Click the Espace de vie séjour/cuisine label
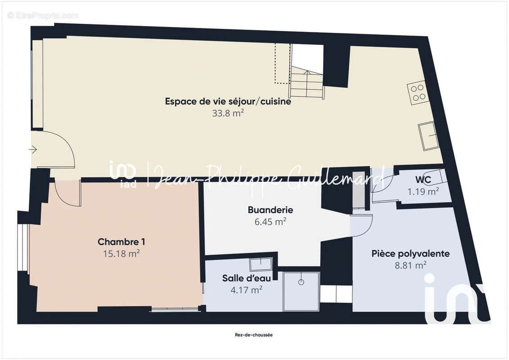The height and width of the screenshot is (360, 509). pyautogui.click(x=228, y=102)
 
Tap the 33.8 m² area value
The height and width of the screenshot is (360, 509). pyautogui.click(x=228, y=114)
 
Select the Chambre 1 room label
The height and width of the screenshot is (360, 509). pyautogui.click(x=121, y=242)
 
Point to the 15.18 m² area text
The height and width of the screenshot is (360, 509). pyautogui.click(x=121, y=254)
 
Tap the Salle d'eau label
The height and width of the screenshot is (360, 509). pyautogui.click(x=246, y=278)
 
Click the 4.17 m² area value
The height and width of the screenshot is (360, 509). pyautogui.click(x=246, y=290)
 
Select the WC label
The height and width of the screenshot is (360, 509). pyautogui.click(x=423, y=180)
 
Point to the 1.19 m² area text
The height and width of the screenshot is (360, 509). pyautogui.click(x=423, y=192)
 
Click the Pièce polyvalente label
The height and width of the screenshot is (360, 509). pyautogui.click(x=410, y=254)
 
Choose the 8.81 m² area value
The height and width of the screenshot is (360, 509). pyautogui.click(x=410, y=265)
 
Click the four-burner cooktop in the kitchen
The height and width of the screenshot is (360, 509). pyautogui.click(x=417, y=92)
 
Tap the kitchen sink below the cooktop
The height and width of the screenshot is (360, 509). pyautogui.click(x=428, y=136)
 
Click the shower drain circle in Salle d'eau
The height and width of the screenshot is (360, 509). pyautogui.click(x=301, y=282)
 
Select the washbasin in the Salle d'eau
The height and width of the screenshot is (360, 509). pyautogui.click(x=261, y=264)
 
